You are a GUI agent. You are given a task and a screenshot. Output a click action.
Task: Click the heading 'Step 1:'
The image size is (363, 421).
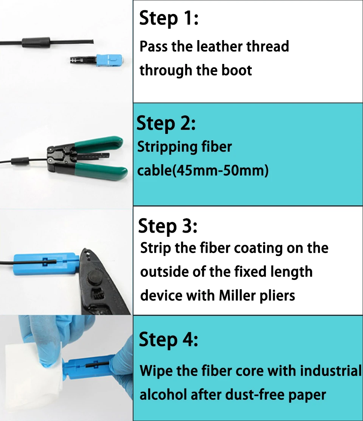tap(169, 18)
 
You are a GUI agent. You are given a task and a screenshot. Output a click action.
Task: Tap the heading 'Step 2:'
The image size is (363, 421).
tap(166, 123)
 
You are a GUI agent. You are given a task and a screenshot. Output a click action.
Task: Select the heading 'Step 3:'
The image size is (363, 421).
tap(168, 226)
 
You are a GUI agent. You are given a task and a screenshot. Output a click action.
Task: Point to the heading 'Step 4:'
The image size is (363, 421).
tap(169, 339)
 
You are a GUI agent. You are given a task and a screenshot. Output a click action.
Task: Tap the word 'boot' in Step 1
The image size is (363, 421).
tap(237, 70)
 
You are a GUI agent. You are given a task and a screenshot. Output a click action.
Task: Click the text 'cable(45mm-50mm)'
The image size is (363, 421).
tap(203, 171)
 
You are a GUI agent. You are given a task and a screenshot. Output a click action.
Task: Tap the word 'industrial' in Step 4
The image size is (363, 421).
tap(331, 371)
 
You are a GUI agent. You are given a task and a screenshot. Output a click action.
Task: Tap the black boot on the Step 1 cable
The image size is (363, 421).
tap(36, 43)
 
